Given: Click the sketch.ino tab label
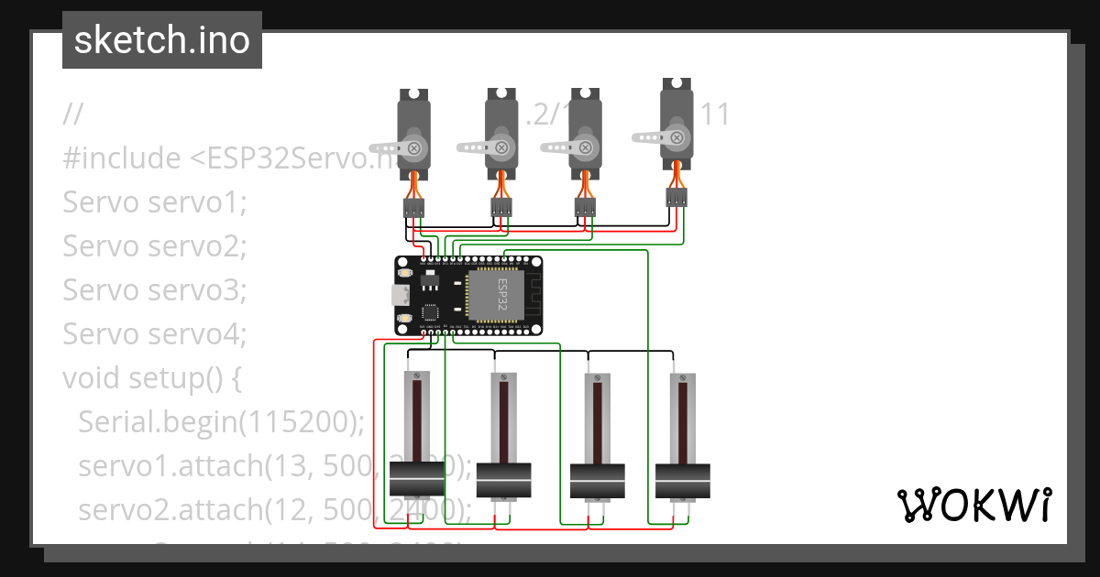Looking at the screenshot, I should [162, 40].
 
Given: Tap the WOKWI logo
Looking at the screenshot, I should [973, 505].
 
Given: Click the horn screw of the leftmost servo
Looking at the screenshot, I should [414, 147].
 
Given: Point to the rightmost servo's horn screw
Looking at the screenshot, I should [677, 137].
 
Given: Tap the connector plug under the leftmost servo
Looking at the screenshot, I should [413, 209].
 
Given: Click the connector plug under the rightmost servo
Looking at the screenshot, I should [676, 198].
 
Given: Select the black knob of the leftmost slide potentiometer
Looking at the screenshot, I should [416, 478].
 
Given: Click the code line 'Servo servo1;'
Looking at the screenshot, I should [155, 202].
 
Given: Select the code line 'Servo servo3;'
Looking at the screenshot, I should [155, 289].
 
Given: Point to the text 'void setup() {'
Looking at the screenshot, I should [151, 377].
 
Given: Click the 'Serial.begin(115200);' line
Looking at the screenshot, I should [221, 422].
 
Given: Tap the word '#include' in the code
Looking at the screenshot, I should [122, 158].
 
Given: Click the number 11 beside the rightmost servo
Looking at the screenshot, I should [714, 114].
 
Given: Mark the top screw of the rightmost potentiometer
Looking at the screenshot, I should [682, 376].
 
